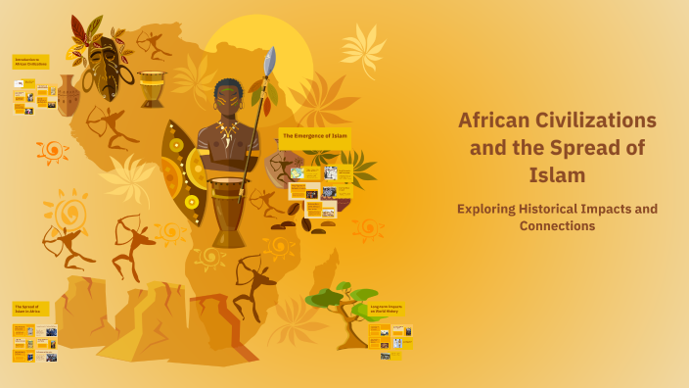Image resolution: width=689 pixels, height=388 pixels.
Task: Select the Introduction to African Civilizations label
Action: point(30,61)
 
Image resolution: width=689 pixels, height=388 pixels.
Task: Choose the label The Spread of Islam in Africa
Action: point(30,309)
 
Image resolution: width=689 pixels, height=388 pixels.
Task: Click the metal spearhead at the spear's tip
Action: point(270,59)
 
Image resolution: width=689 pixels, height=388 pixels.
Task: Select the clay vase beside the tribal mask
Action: point(67,96)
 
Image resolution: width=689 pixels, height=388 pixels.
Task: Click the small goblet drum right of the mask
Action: point(151,88)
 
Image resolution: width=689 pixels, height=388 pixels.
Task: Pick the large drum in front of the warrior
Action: point(230,211)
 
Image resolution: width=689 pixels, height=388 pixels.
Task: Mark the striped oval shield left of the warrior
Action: point(183,171)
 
